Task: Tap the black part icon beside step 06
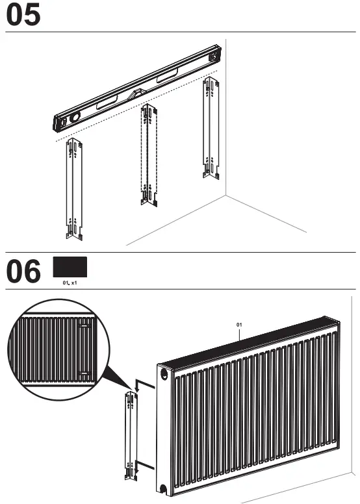pos(70,267)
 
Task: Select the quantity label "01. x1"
pos(70,284)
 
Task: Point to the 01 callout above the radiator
pos(239,323)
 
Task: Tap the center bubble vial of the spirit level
pos(137,95)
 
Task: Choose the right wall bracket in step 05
pos(210,127)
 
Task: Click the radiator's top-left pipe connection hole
pos(162,374)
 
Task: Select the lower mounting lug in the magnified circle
pos(84,372)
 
